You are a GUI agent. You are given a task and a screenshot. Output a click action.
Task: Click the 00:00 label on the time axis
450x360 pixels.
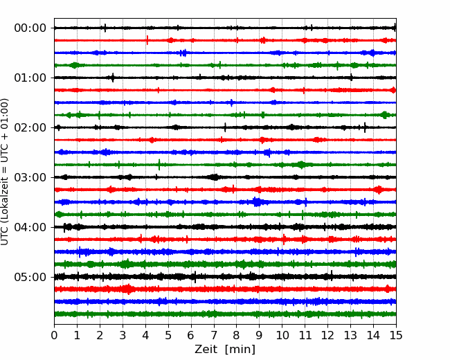(30, 28)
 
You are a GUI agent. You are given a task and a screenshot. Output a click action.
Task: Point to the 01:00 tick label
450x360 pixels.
(30, 78)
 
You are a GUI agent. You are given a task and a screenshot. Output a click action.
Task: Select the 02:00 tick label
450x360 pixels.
(30, 127)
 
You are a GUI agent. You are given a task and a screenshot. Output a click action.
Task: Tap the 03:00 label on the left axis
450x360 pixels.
(30, 177)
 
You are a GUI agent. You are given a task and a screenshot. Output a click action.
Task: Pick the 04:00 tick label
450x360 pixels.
(30, 227)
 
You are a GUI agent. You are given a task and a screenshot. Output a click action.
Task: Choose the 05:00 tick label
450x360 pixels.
(30, 277)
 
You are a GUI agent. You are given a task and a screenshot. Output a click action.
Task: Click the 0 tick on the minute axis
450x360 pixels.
(54, 335)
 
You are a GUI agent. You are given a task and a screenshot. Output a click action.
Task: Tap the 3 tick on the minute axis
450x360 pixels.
(123, 335)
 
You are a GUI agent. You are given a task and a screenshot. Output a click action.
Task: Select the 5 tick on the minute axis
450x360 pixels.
(168, 335)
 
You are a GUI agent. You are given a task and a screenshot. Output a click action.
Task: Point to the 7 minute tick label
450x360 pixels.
(214, 335)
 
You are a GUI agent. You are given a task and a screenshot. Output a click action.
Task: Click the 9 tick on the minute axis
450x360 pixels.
(260, 335)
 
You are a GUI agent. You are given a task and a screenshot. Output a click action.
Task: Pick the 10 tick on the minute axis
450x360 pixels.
(282, 335)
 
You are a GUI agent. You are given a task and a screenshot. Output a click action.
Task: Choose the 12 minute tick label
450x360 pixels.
(327, 335)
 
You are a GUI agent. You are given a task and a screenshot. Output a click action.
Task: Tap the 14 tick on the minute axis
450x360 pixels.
(373, 335)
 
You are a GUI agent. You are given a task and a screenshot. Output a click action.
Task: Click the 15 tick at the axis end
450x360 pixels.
(396, 335)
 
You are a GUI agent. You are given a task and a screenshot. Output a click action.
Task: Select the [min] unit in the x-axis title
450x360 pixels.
(240, 350)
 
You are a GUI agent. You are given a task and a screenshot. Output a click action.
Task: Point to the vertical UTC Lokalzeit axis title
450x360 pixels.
(4, 172)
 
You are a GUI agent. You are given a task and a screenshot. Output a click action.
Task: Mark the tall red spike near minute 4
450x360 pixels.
(147, 40)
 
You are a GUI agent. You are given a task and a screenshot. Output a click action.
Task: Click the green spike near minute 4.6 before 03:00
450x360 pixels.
(159, 165)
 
